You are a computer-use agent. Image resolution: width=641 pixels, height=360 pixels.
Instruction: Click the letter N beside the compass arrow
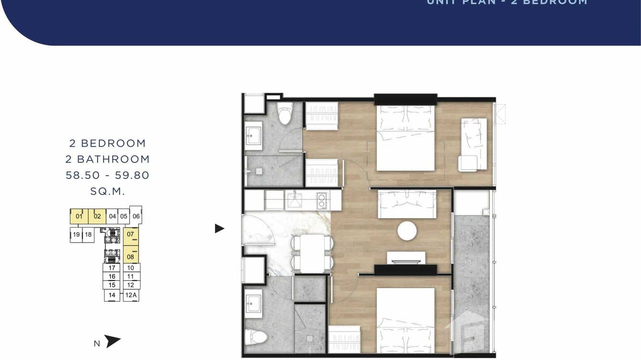coord(97,343)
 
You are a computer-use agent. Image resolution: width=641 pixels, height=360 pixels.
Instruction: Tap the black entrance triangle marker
coord(219,229)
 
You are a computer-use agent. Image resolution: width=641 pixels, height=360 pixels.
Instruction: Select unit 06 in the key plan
coord(136,216)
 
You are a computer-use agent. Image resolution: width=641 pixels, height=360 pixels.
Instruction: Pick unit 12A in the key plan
coord(131,295)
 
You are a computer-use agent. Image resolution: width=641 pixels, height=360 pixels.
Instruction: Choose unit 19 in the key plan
coord(76,234)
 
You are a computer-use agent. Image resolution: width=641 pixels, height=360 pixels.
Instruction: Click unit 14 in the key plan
coord(112,295)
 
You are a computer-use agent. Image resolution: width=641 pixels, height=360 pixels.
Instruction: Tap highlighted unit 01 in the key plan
coord(79,216)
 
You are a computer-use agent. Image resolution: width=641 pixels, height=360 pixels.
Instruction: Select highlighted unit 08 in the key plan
coord(130,257)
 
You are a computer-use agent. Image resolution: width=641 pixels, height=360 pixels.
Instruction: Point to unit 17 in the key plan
coord(112,268)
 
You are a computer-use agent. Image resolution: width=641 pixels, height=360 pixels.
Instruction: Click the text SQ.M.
coord(107,191)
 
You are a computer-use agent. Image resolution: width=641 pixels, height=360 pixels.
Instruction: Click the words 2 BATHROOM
coord(107,159)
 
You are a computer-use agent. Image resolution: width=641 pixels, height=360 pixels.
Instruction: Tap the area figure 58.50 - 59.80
coord(107,175)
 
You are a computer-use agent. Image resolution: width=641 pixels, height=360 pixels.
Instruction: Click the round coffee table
coord(407,231)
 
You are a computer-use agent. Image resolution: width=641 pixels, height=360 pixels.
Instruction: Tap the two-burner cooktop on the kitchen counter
coord(321,200)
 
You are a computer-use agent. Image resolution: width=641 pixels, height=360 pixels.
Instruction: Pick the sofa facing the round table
coord(407,204)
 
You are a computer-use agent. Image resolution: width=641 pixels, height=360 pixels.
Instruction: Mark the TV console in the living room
coord(406,258)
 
